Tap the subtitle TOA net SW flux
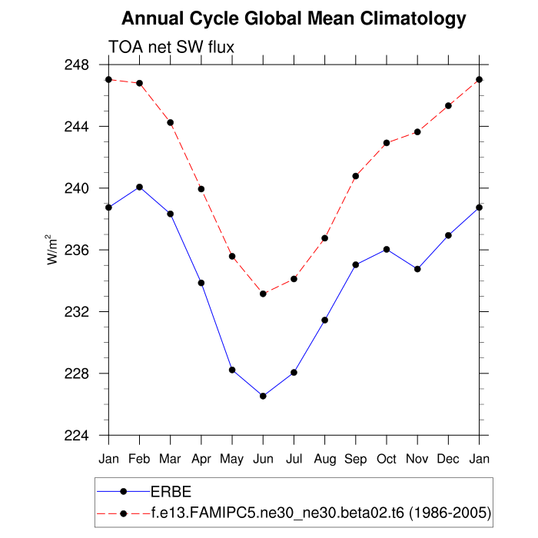coord(171,47)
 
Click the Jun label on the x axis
coord(263,458)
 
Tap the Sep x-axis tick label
coord(356,458)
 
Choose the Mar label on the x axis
coord(170,458)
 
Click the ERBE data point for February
coord(140,187)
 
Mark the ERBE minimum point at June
coord(263,396)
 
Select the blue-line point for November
coord(417,269)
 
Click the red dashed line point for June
coord(263,294)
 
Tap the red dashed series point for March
coord(171,123)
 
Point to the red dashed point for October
coord(387,143)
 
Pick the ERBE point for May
coord(232,370)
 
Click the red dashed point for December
coord(449,105)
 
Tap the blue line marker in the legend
coord(123,491)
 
